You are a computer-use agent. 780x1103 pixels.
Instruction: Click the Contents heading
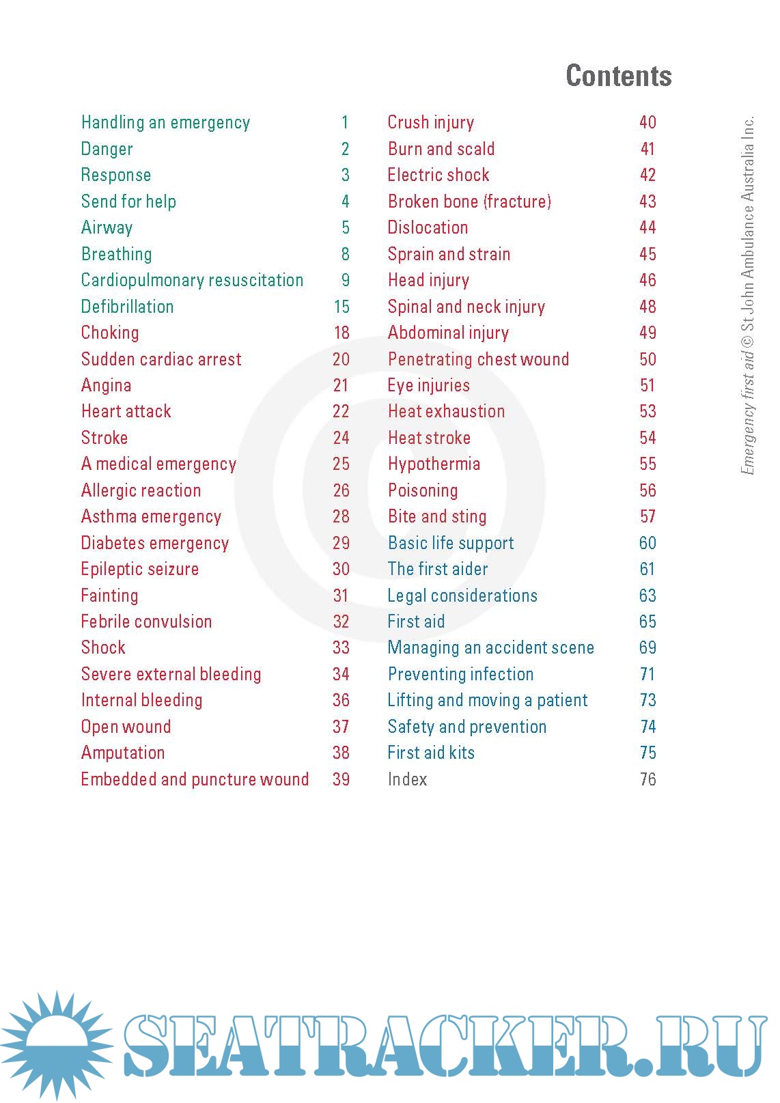tap(618, 76)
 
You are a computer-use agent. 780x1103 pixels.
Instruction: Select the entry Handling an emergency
tap(165, 123)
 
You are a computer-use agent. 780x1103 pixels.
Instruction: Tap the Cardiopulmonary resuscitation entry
tap(192, 281)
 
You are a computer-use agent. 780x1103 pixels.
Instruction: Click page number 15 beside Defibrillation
tap(342, 307)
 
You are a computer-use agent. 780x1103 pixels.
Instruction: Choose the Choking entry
tap(110, 333)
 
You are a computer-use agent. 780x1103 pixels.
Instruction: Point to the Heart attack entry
tap(126, 412)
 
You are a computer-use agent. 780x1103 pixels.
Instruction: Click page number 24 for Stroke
tap(341, 438)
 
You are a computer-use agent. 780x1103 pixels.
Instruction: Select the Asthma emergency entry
tap(151, 517)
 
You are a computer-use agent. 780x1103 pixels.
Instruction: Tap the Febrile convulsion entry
tap(146, 622)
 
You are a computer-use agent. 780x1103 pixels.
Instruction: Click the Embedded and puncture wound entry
tap(195, 780)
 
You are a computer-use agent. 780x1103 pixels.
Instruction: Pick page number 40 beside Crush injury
tap(647, 123)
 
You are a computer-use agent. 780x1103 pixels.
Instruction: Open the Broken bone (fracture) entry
tap(469, 202)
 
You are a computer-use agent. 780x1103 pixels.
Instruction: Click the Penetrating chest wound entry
tap(478, 360)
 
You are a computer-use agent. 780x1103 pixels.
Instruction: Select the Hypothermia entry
tap(434, 464)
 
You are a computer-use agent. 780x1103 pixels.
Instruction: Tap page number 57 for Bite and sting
tap(647, 517)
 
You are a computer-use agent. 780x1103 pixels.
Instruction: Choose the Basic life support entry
tap(451, 544)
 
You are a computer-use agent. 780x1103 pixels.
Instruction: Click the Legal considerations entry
tap(462, 596)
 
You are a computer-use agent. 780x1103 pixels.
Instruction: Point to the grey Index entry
tap(407, 780)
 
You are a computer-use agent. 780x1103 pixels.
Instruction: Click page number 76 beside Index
tap(647, 780)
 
